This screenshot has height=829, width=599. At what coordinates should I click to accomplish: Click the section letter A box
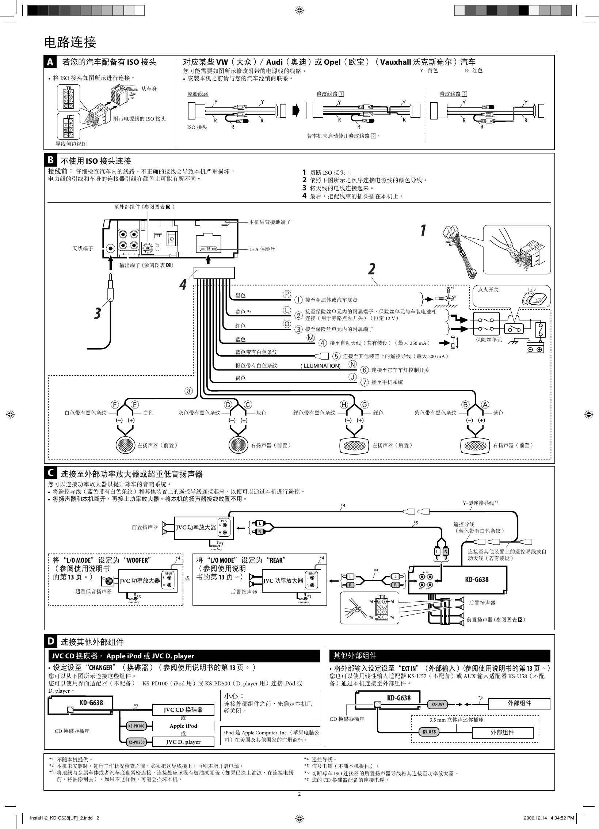point(50,62)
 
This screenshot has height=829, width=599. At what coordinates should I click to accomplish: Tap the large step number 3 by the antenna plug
point(97,313)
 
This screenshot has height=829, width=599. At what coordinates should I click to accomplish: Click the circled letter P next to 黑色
point(287,294)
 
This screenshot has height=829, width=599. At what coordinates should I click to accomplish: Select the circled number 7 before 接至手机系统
point(365,382)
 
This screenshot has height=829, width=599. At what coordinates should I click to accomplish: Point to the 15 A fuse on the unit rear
point(209,249)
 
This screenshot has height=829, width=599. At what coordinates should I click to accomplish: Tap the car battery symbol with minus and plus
point(535,346)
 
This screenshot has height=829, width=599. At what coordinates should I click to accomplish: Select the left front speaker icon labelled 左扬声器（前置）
point(126,445)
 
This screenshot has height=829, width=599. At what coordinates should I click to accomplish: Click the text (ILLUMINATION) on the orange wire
point(320,365)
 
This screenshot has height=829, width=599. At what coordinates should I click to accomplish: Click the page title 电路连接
point(70,42)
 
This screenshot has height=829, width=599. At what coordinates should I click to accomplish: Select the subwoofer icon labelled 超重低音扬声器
point(108,581)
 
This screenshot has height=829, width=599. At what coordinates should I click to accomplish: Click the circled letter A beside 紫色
point(485,404)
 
